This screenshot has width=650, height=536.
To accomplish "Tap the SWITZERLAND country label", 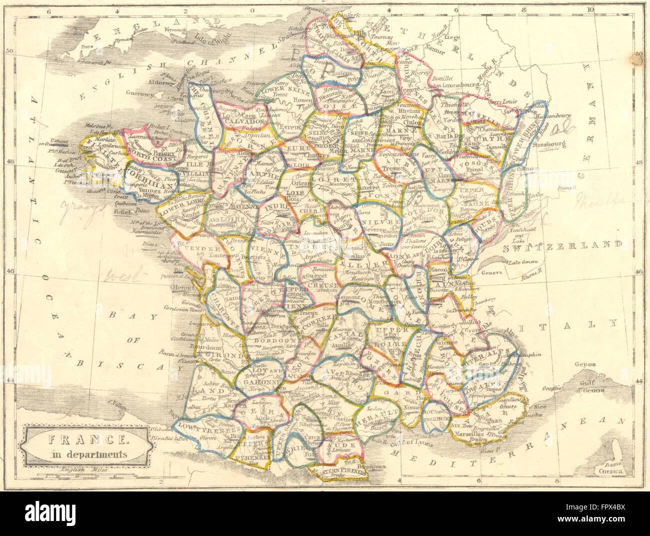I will pos(564,246).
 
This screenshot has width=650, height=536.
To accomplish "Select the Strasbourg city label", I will pos(543,147).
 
